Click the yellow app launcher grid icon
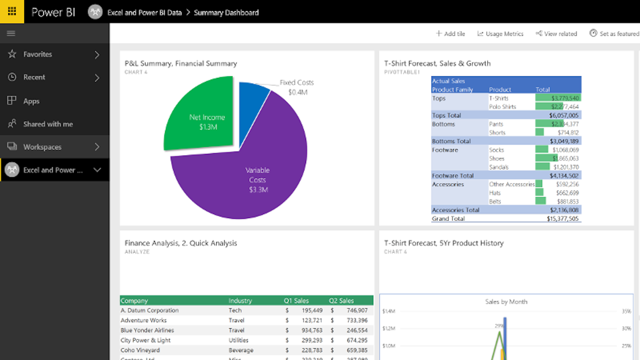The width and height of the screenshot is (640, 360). click(12, 11)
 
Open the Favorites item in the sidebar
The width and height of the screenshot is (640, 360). click(37, 54)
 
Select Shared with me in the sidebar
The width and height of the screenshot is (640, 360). click(48, 124)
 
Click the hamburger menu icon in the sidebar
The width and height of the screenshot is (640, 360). click(11, 33)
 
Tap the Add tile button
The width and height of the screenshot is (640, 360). click(450, 34)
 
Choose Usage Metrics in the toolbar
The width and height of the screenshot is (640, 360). click(500, 34)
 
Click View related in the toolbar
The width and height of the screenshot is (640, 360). click(556, 34)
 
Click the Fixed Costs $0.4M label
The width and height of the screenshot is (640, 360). click(297, 87)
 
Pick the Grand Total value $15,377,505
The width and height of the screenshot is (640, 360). click(562, 219)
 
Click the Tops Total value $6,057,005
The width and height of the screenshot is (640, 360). click(563, 115)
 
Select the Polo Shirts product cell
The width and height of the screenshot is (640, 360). click(502, 107)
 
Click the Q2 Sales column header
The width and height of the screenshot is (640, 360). click(341, 301)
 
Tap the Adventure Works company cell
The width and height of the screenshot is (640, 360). click(144, 320)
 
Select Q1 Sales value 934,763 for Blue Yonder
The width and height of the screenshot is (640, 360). click(312, 330)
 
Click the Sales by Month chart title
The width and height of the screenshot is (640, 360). click(506, 302)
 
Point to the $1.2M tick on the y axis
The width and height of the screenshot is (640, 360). click(389, 329)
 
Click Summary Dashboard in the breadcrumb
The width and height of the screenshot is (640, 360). click(226, 13)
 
